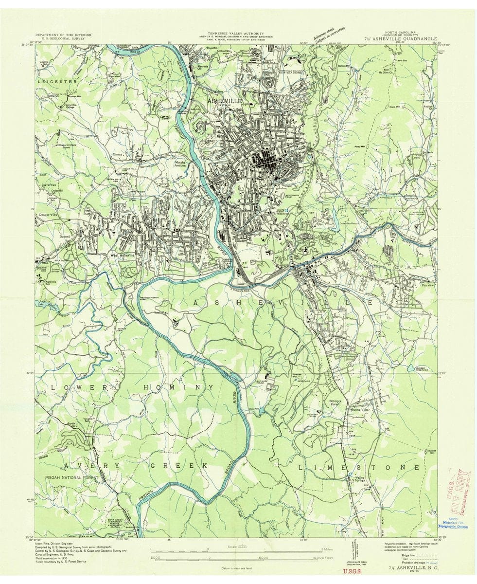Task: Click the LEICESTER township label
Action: coord(57,82)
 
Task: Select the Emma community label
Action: coord(117,155)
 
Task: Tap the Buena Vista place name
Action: coord(359,410)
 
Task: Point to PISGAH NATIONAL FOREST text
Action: coord(70,478)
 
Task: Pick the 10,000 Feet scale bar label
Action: coord(318,557)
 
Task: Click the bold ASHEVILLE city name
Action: coord(224,100)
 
